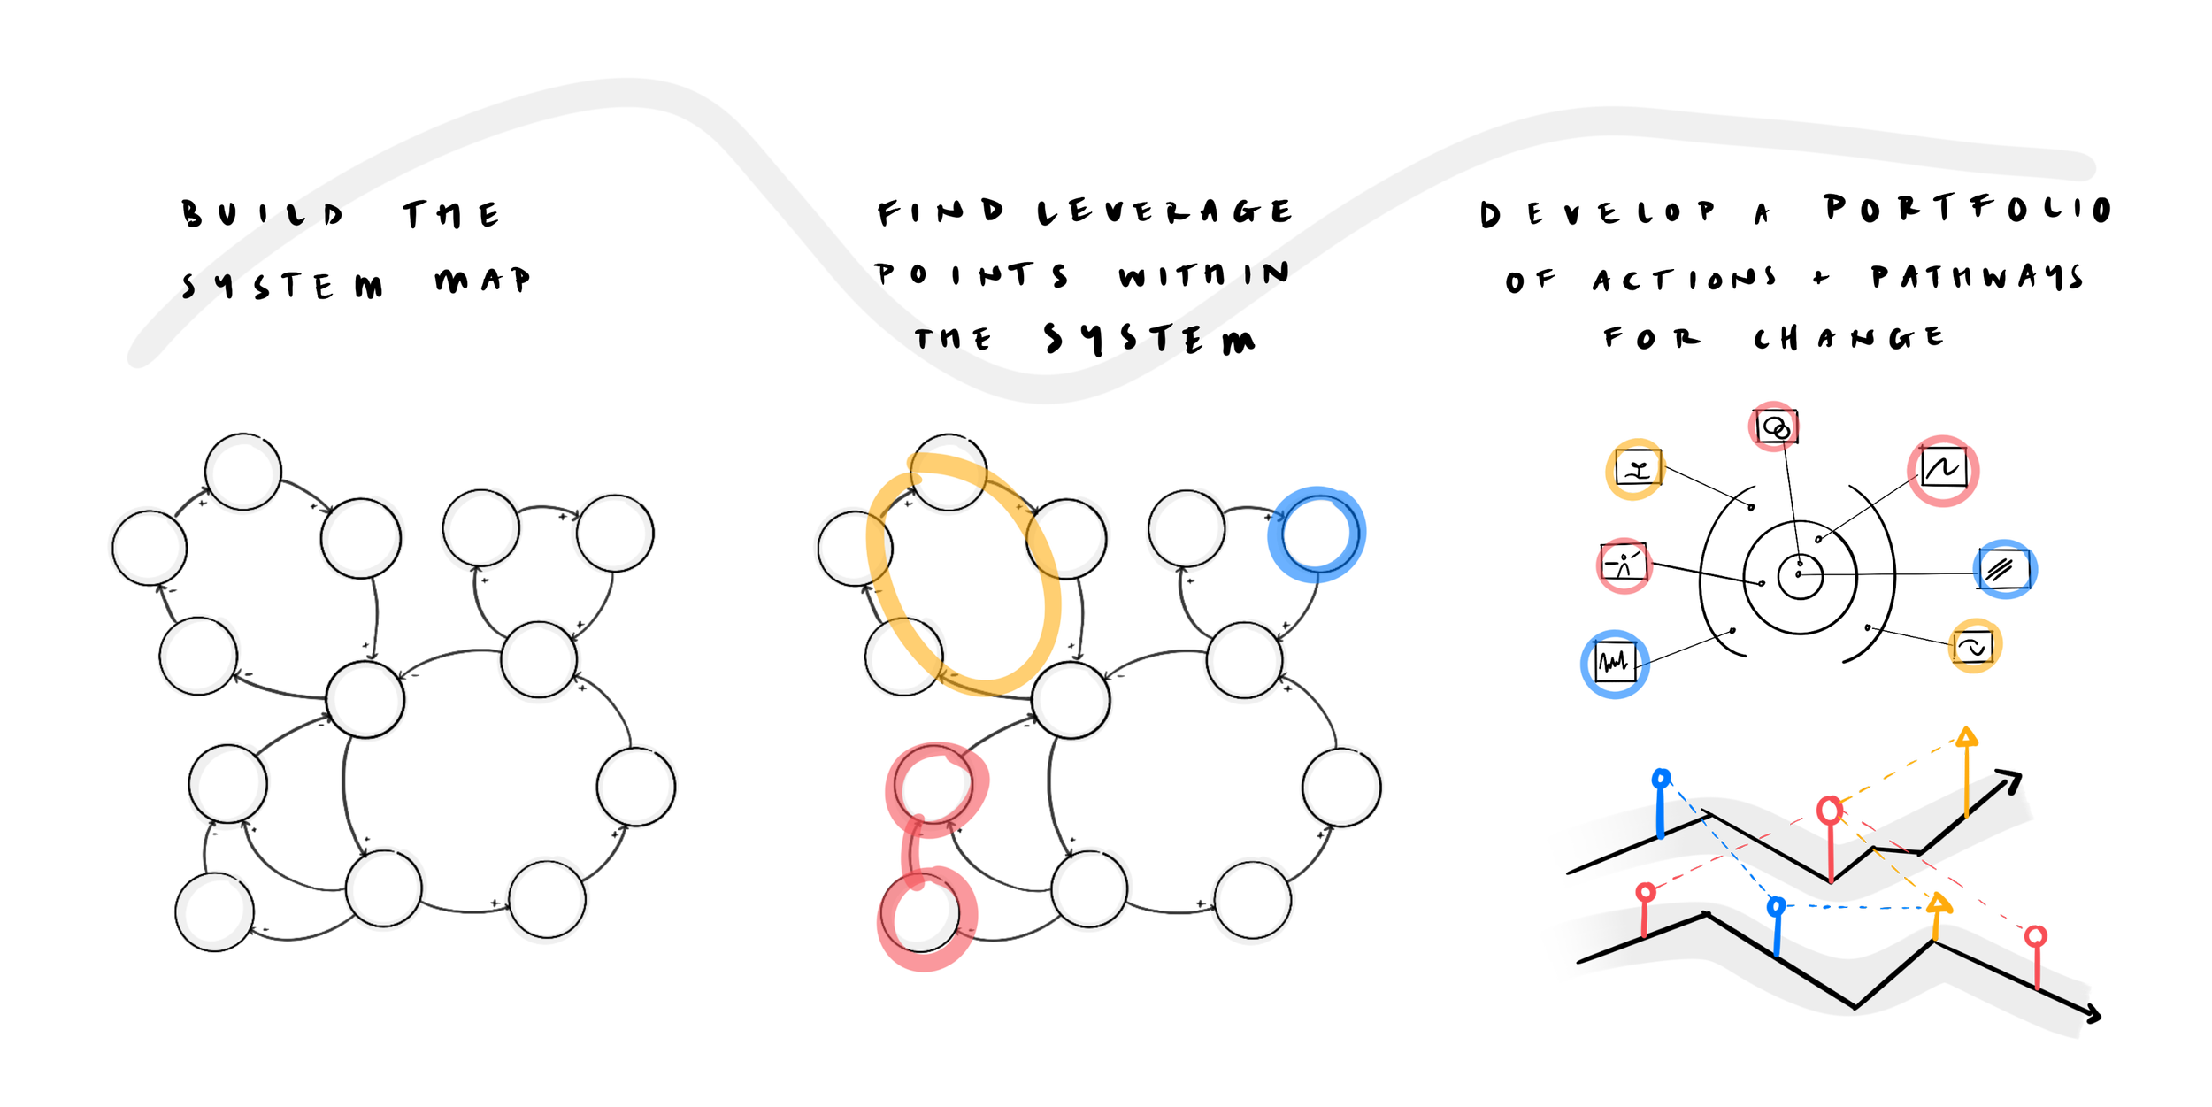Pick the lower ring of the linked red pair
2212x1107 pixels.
(x=885, y=920)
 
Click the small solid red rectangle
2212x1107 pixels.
(x=1684, y=619)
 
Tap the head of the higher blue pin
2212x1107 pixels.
(x=1661, y=779)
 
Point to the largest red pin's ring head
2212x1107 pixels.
(x=1830, y=809)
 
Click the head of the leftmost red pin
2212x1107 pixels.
(x=1646, y=891)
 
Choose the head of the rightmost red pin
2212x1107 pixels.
(x=2036, y=936)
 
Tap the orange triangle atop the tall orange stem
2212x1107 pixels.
(x=1966, y=734)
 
